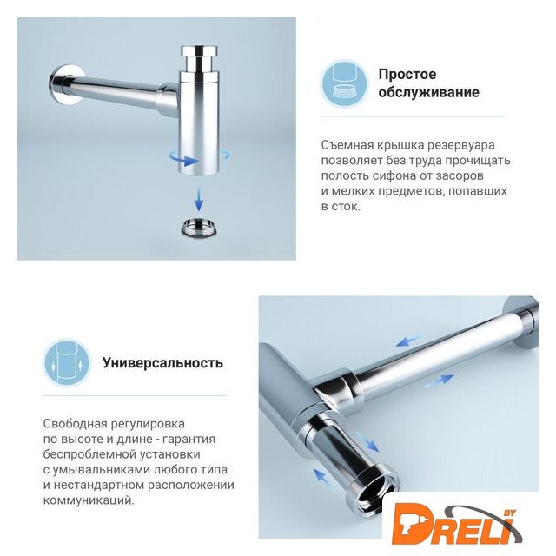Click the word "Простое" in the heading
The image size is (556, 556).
coord(407,75)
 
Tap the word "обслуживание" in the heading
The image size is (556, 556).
coord(428,92)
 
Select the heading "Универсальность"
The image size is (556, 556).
coord(162,363)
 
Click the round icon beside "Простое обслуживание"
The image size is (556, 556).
coord(344,84)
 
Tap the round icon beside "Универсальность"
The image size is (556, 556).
coord(67,363)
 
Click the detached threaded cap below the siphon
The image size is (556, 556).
coord(199,227)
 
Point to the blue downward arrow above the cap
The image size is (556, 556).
coord(199,200)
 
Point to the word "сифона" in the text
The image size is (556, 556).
coord(391,175)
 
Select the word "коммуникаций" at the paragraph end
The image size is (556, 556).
coord(89,501)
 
